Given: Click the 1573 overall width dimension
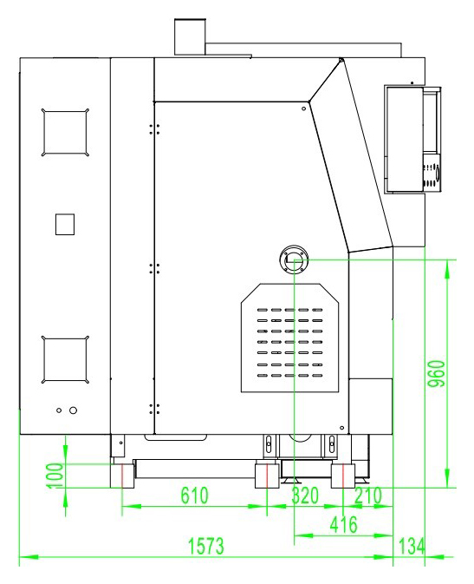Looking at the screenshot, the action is (x=206, y=546).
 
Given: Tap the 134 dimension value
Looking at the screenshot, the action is (x=412, y=547).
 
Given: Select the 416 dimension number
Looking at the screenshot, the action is (x=343, y=524).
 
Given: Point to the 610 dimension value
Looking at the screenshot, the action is (x=195, y=495).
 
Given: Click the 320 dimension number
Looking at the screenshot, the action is (x=305, y=495).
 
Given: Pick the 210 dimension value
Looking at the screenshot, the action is (x=368, y=495).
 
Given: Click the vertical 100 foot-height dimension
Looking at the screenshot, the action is (x=55, y=476).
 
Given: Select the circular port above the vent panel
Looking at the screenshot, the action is (x=294, y=259).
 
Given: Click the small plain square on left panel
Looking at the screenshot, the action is (x=65, y=224).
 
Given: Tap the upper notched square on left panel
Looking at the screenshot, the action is (x=65, y=133).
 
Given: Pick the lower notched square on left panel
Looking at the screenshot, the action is (x=65, y=360).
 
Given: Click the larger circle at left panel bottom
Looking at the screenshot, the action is (x=74, y=410).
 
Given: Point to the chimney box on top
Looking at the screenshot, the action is (x=190, y=37).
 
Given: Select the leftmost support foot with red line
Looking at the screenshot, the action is (x=122, y=476).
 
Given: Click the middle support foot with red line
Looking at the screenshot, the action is (x=267, y=476).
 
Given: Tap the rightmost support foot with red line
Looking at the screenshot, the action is (x=343, y=476).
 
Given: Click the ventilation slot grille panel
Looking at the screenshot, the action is (x=289, y=338).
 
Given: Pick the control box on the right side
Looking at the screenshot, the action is (x=412, y=140).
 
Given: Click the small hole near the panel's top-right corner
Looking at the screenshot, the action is (x=303, y=108).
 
